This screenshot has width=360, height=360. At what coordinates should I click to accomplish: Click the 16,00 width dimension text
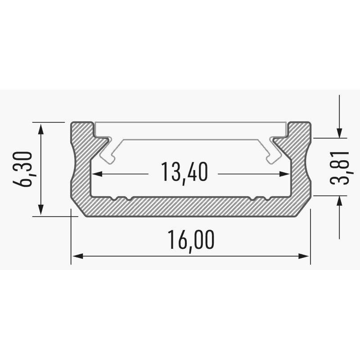[x=190, y=239]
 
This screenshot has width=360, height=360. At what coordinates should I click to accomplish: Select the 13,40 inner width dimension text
[x=184, y=173]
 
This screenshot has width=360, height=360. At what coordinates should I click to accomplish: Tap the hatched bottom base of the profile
[x=190, y=207]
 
